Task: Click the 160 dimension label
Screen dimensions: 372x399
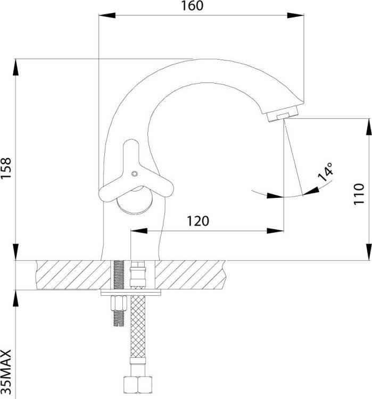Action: click(192, 6)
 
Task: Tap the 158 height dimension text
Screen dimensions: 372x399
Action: click(6, 169)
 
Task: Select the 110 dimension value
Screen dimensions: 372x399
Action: click(359, 194)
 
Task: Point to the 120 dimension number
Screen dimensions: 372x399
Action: click(198, 221)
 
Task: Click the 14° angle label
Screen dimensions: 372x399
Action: click(326, 172)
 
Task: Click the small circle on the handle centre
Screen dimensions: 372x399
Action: click(135, 174)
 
